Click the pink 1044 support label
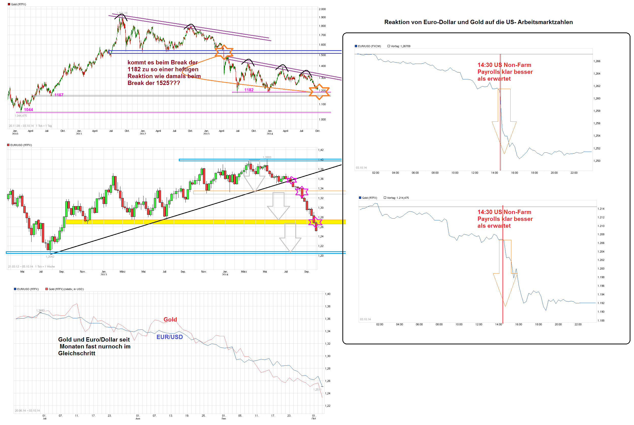click(28, 110)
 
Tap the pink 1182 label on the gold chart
click(249, 90)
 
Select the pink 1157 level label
click(59, 95)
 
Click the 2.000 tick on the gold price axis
click(322, 9)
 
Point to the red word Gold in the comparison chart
click(170, 320)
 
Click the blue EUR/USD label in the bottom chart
click(169, 337)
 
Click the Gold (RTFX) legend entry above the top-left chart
click(18, 4)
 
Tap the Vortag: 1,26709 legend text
click(400, 46)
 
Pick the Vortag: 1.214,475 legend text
click(398, 198)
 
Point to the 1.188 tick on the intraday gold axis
click(601, 321)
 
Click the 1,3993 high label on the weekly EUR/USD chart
click(267, 157)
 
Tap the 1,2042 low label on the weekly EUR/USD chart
click(50, 257)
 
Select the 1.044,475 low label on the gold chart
click(21, 116)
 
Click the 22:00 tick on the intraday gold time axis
click(578, 324)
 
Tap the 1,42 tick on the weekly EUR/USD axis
click(321, 150)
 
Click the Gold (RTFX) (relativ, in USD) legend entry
click(66, 289)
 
